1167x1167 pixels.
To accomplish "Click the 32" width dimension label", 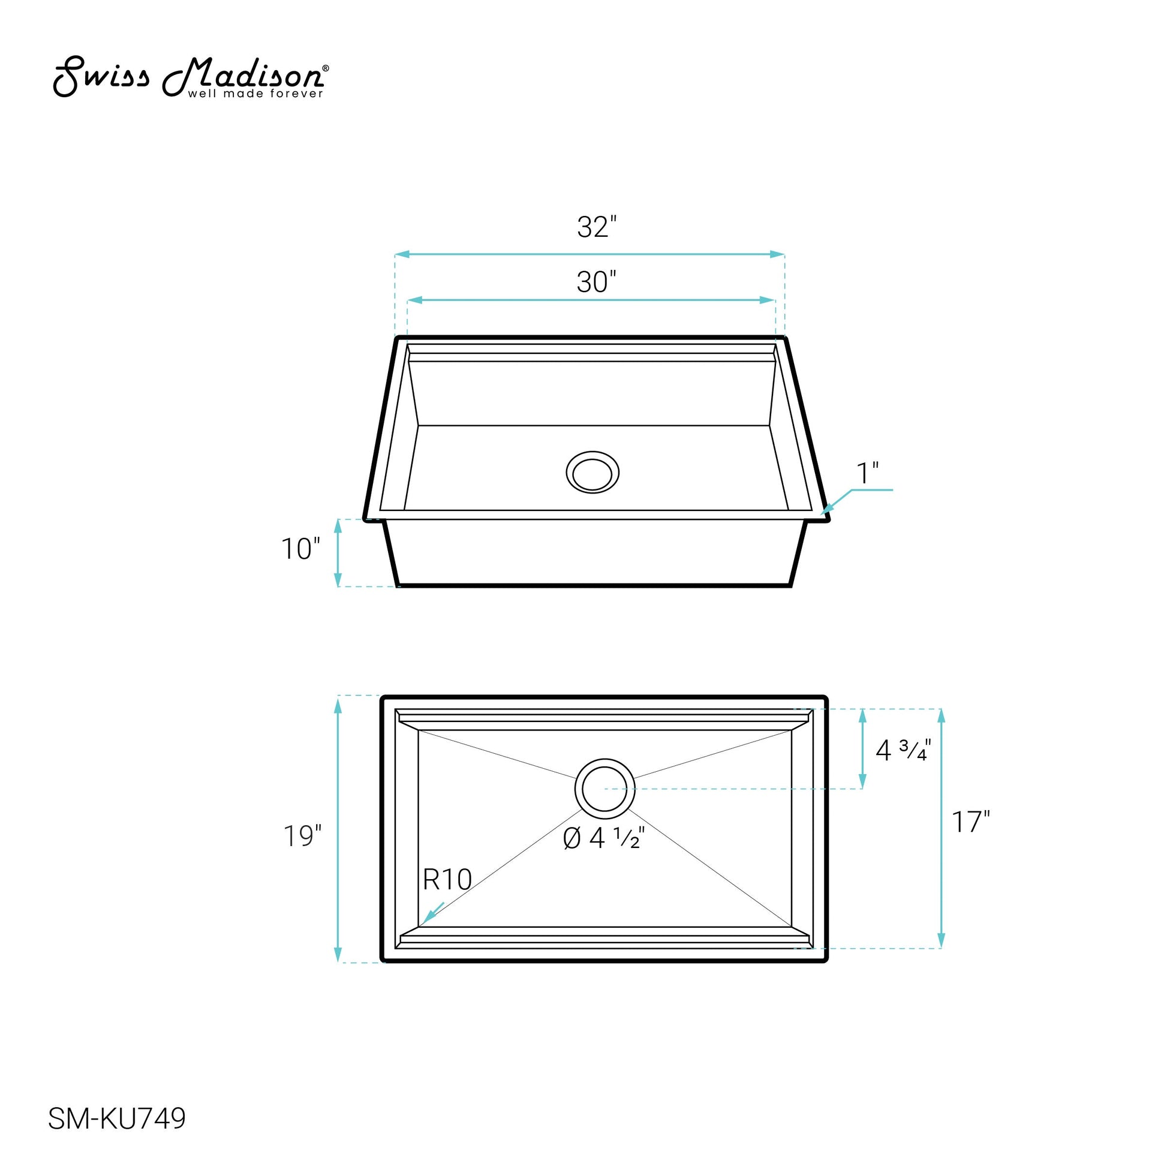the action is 597,227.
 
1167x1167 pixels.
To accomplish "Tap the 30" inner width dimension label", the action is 597,282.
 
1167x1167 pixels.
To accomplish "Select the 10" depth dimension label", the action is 300,549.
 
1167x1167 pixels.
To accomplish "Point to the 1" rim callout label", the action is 867,473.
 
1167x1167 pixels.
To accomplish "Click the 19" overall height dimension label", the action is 303,836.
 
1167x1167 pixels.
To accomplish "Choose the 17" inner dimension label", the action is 971,822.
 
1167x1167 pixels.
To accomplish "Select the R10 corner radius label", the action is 447,880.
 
